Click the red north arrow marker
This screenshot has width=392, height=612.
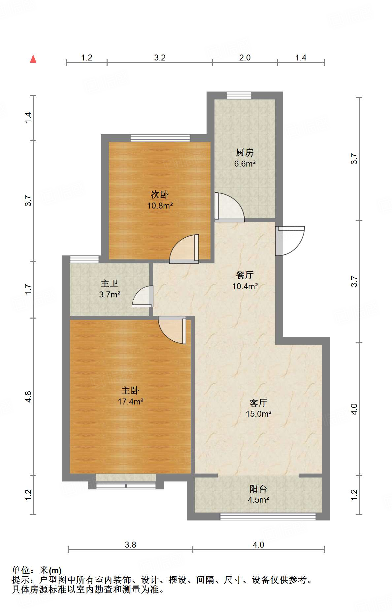[x=33, y=59]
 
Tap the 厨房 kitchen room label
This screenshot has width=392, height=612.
[x=245, y=152]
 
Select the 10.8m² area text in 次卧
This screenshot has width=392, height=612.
[x=160, y=206]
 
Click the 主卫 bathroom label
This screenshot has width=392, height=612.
[x=109, y=284]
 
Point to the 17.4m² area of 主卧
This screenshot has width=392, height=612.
[x=131, y=402]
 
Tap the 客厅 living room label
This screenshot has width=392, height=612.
[x=258, y=403]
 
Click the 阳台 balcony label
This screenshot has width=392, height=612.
[x=258, y=489]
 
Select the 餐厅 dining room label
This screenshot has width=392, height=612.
[x=245, y=275]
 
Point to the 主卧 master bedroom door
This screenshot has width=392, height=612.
[x=172, y=330]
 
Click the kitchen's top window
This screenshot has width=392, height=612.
[x=239, y=96]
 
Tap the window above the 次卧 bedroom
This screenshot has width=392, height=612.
[x=160, y=138]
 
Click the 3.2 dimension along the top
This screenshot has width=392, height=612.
[x=160, y=58]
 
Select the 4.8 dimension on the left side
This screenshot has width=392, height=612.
[x=28, y=396]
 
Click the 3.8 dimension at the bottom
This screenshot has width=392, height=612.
[x=130, y=545]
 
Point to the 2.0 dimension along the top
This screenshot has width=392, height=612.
[x=245, y=58]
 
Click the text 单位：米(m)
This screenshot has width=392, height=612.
[x=36, y=570]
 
